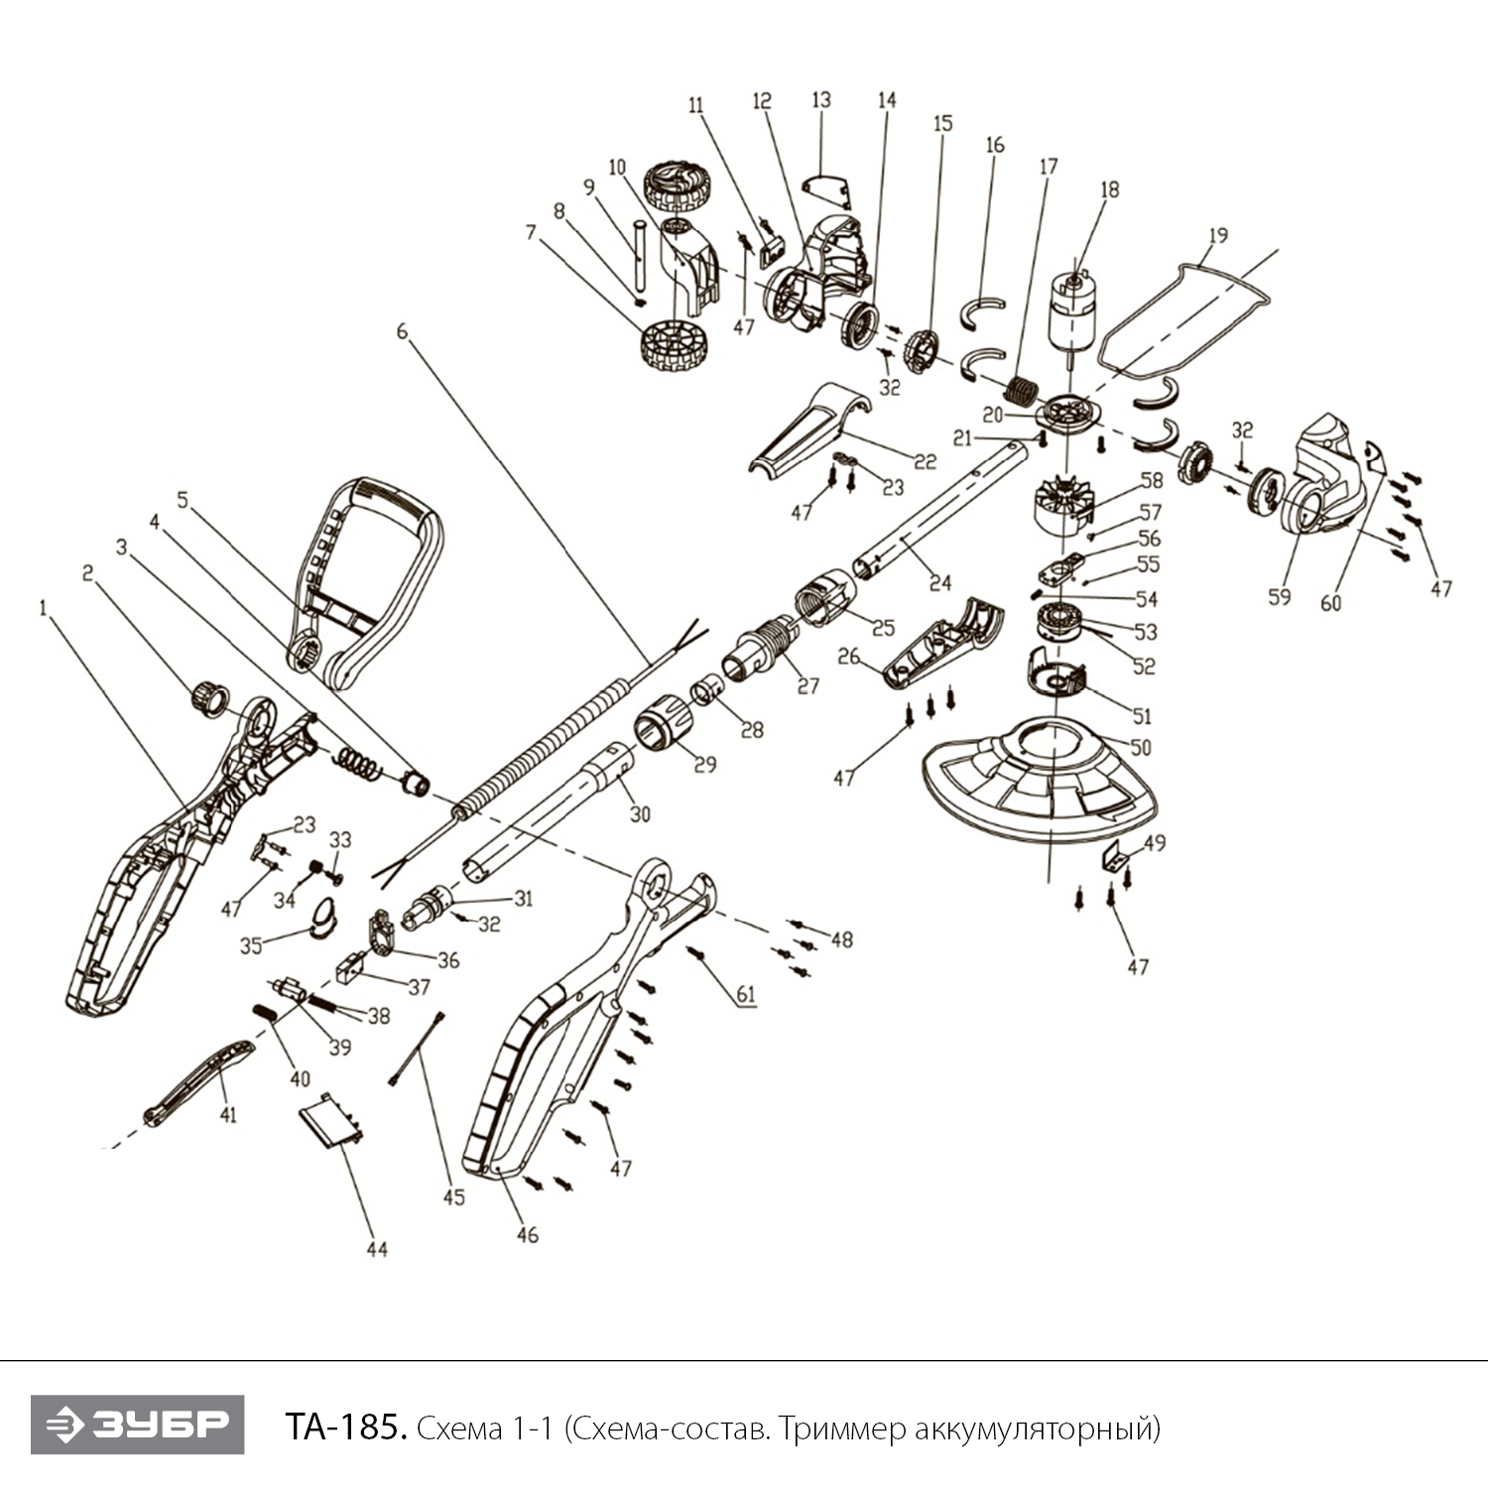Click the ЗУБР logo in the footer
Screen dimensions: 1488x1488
[137, 1425]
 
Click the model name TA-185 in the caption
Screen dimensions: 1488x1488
[345, 1428]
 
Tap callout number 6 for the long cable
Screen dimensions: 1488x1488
[402, 331]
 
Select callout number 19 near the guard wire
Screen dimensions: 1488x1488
[1218, 235]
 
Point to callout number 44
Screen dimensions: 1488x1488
[377, 1249]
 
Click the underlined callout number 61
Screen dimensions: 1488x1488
[745, 994]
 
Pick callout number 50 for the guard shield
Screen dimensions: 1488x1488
[1141, 746]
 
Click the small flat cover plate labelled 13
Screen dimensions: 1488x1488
[827, 189]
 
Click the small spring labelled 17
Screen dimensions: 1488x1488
[1021, 388]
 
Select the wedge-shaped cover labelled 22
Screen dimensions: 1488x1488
[808, 429]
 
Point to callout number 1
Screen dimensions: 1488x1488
[43, 608]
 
